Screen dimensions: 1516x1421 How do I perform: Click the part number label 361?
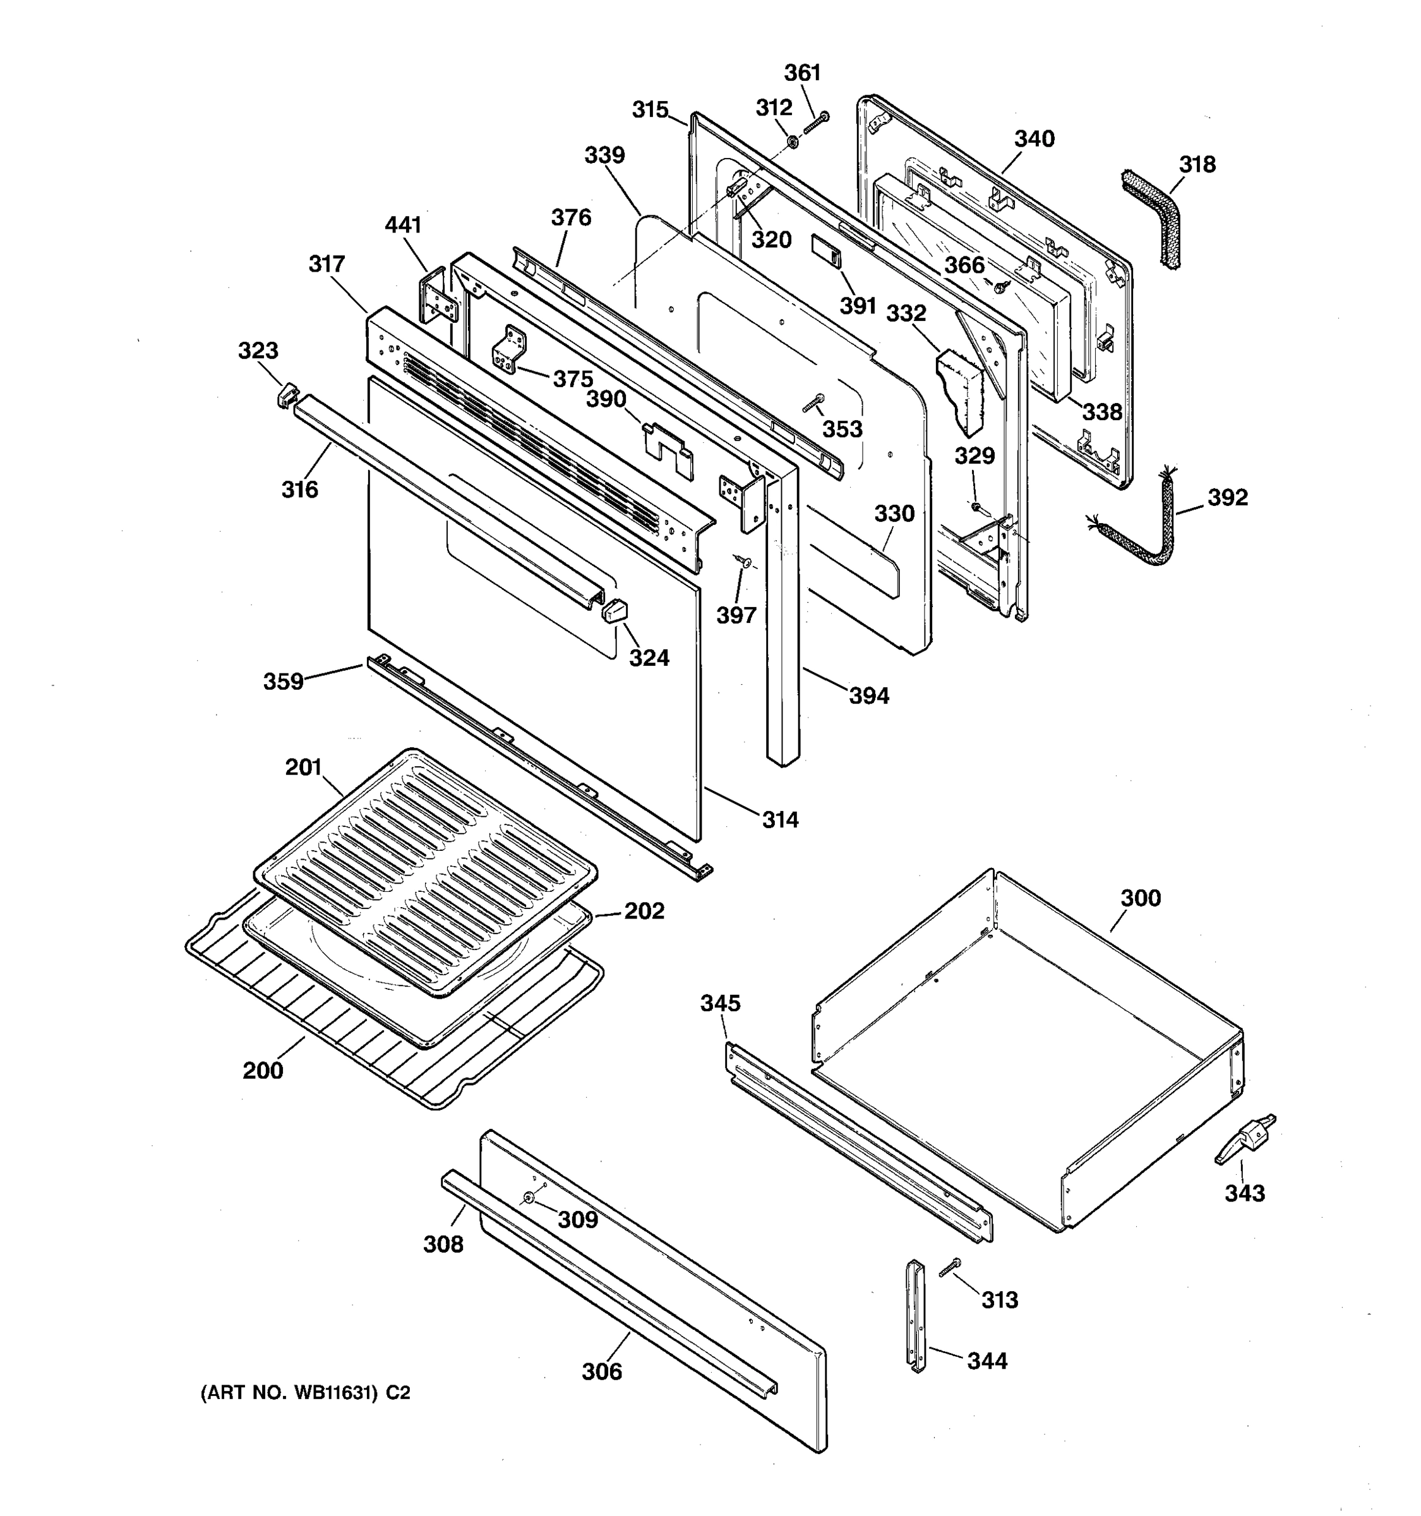[803, 73]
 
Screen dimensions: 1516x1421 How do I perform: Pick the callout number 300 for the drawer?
[1141, 898]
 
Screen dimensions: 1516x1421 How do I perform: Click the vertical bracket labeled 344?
[916, 1315]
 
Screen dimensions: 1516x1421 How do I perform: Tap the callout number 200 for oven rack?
[263, 1071]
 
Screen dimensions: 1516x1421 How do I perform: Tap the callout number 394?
[869, 695]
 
